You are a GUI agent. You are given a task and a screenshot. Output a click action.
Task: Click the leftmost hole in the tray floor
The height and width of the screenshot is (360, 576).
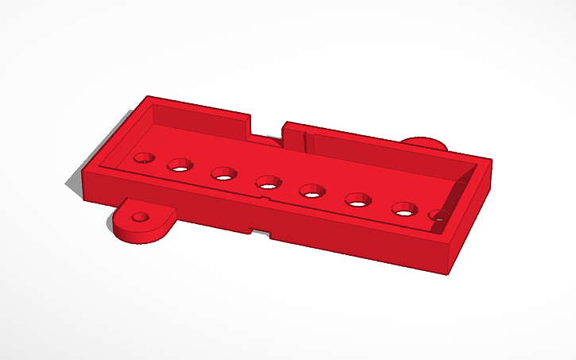pos(145,157)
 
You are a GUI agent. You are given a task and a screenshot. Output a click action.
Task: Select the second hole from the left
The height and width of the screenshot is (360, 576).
pos(180,165)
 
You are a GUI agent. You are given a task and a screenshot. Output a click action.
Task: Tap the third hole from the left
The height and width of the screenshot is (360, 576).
pos(223,172)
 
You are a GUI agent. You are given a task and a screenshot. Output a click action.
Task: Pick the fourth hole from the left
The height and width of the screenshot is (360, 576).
pos(268,183)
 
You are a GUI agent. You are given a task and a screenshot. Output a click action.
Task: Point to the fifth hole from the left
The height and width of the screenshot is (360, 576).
pos(311,191)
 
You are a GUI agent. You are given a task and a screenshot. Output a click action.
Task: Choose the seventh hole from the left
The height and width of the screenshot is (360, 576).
pos(404,209)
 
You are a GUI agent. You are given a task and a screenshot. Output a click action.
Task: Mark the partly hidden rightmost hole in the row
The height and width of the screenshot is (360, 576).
pos(437,215)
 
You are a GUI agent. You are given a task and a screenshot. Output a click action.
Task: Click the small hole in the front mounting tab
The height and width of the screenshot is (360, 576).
pos(141,216)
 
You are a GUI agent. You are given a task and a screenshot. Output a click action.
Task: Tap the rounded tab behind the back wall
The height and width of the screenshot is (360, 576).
pos(423,142)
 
